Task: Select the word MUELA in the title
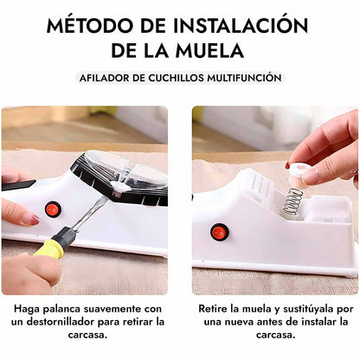click(209, 50)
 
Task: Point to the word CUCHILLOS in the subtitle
click(173, 78)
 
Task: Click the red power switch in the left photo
click(53, 209)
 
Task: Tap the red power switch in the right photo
click(220, 231)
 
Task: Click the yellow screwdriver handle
click(49, 248)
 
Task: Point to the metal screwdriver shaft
click(89, 214)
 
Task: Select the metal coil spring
click(292, 202)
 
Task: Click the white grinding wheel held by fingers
click(299, 170)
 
